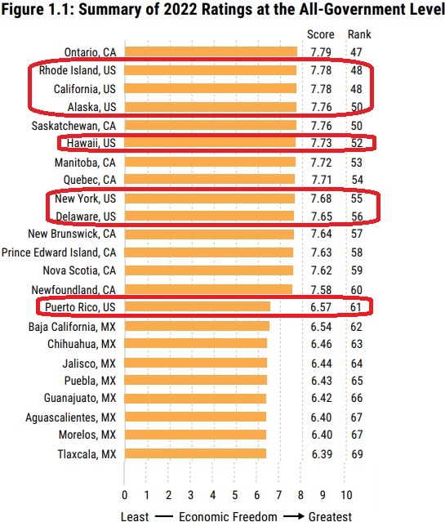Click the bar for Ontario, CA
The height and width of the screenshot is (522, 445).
(x=211, y=51)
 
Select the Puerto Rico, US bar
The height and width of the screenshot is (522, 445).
(x=198, y=306)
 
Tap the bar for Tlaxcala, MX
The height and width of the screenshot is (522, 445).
(x=195, y=453)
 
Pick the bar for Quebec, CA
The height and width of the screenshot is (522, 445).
(x=210, y=179)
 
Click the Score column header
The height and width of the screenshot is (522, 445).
(x=321, y=34)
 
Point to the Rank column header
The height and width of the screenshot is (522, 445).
(x=359, y=34)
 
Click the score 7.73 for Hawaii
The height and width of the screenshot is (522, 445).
(x=321, y=143)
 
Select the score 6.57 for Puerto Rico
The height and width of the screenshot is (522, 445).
(x=321, y=307)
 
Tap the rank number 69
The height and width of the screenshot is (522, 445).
(x=357, y=454)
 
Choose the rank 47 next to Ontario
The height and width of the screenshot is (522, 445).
(x=356, y=52)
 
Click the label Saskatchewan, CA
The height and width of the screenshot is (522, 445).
(x=73, y=126)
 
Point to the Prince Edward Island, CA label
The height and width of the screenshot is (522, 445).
(x=59, y=252)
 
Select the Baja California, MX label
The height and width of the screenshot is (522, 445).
(x=72, y=327)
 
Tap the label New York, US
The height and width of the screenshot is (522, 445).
(x=86, y=199)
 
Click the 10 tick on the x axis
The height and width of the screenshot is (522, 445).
(x=346, y=495)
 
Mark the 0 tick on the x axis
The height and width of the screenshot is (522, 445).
(x=124, y=495)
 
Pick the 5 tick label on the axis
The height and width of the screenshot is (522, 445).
(x=235, y=495)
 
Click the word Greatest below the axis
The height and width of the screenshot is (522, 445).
(x=330, y=516)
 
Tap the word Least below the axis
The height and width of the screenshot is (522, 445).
(x=135, y=516)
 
